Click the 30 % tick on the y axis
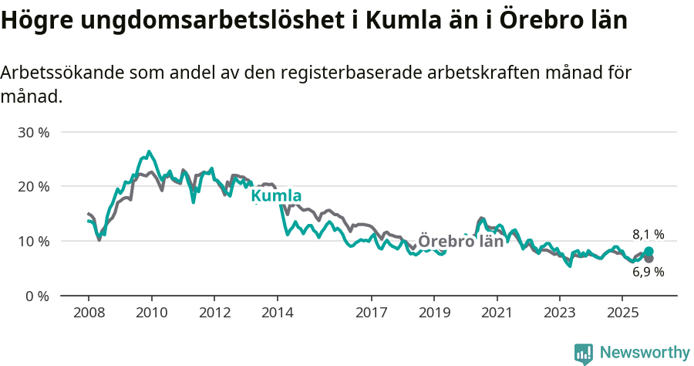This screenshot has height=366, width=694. [x=33, y=132]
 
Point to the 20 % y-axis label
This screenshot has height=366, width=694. [x=33, y=187]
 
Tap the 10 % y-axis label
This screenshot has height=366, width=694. [x=33, y=241]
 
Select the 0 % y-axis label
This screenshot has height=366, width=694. [x=36, y=296]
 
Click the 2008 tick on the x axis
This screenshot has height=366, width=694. [x=89, y=313]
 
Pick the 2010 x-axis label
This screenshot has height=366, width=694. [x=151, y=313]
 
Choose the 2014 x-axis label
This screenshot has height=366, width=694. [x=277, y=313]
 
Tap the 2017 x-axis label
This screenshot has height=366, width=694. [x=371, y=313]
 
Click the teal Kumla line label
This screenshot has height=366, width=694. [x=276, y=196]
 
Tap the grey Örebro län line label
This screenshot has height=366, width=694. [x=460, y=241]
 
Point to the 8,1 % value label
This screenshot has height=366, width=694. [x=648, y=235]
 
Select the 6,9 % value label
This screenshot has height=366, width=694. [x=648, y=272]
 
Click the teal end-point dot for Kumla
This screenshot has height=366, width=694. [x=649, y=252]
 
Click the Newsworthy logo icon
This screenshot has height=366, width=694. [x=584, y=354]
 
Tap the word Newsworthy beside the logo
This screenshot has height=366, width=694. [x=644, y=353]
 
